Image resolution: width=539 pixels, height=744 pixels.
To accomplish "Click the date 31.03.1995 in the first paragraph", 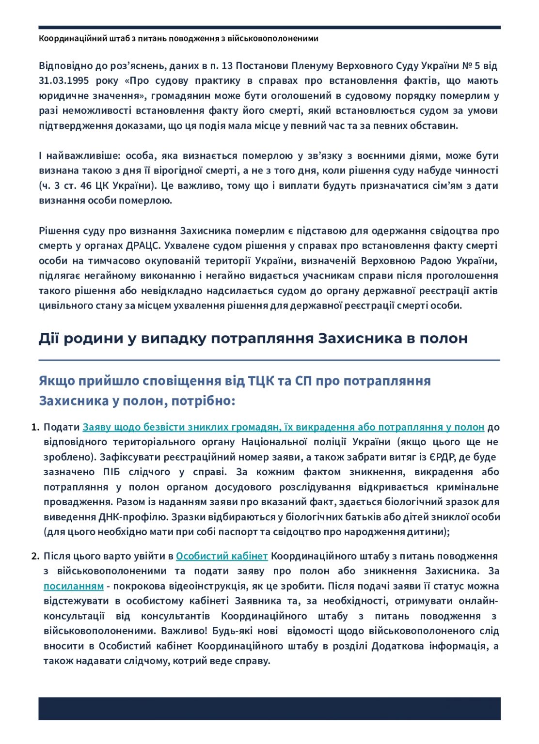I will [63, 80].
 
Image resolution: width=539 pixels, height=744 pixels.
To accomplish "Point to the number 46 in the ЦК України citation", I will [87, 186].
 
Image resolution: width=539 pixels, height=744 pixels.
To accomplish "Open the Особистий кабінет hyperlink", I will [222, 556].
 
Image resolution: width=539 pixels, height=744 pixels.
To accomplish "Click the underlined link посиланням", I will [73, 586].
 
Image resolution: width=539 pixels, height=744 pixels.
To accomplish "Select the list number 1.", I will [34, 427].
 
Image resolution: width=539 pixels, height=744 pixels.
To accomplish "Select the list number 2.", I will [34, 556].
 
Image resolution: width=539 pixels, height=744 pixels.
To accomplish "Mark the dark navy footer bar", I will [269, 708].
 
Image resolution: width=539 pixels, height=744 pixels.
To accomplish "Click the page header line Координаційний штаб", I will [178, 38].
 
